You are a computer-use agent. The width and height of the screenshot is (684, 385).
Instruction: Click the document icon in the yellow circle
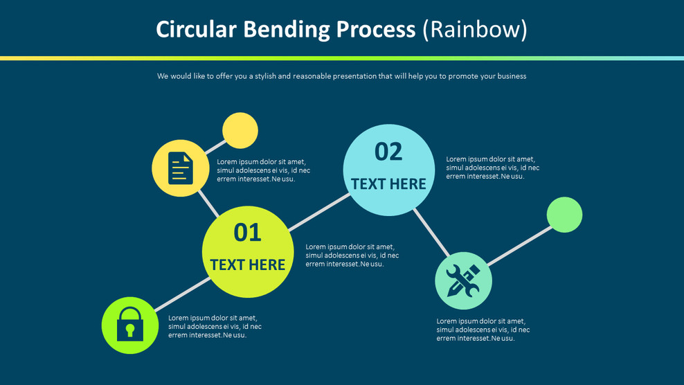(180, 168)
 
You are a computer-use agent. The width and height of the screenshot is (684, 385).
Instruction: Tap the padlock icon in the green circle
(130, 324)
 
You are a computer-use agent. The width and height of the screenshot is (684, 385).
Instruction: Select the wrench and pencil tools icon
(463, 280)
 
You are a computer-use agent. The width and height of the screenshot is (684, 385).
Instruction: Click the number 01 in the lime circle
(247, 233)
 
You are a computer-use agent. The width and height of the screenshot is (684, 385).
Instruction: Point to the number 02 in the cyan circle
(388, 152)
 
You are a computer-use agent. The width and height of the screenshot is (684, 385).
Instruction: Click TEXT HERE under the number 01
(248, 265)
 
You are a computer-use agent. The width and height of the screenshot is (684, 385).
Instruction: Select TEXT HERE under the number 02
(388, 184)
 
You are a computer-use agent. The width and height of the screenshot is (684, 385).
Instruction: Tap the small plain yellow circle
(240, 130)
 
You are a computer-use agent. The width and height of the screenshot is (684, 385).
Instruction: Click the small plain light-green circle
(564, 215)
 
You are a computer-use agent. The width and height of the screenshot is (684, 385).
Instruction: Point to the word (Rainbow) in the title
(475, 30)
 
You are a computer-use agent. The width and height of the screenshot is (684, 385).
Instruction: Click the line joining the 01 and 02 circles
(319, 212)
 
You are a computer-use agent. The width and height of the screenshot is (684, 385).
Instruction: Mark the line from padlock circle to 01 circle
(181, 295)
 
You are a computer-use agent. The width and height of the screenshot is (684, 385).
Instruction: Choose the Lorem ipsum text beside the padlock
(215, 326)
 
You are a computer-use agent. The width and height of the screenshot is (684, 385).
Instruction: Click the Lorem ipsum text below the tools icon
(483, 330)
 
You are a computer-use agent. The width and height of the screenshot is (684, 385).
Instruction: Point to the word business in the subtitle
(511, 76)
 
